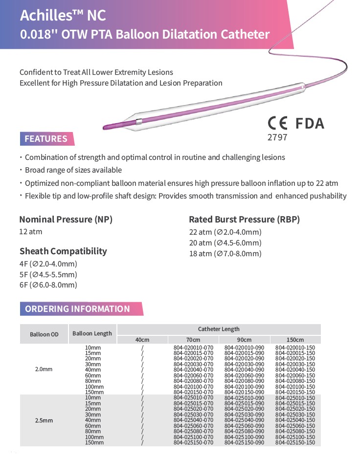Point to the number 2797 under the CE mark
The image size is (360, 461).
[277, 137]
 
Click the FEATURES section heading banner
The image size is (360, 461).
[46, 139]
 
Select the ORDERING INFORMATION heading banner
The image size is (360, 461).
[78, 309]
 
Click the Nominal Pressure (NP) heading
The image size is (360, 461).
[66, 220]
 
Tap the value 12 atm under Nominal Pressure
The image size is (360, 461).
[31, 232]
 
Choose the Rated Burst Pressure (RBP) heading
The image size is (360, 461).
[244, 219]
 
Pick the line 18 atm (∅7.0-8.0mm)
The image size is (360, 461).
[225, 253]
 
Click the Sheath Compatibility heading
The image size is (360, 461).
[63, 251]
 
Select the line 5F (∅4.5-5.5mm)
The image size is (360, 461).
[48, 274]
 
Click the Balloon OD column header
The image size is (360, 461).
[44, 334]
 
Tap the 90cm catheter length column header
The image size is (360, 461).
[244, 340]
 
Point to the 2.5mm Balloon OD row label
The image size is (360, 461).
[44, 420]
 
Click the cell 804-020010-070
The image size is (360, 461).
[193, 348]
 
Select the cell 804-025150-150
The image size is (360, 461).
[295, 442]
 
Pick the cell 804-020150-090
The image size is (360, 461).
[244, 392]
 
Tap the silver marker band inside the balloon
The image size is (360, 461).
[139, 122]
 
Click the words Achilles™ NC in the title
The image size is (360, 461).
[63, 16]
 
